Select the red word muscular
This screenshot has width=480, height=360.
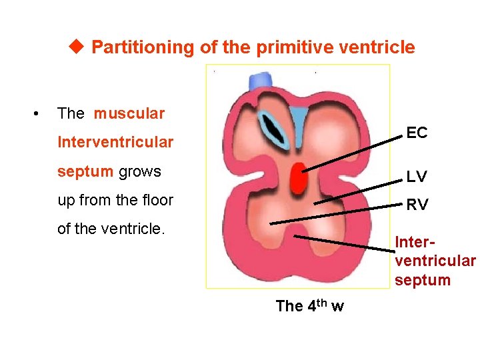[129, 113]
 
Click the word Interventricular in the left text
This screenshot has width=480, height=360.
[115, 142]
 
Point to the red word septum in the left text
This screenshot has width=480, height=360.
[85, 171]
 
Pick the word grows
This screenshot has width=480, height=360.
[140, 171]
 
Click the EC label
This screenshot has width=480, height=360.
[417, 133]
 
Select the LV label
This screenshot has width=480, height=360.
[417, 177]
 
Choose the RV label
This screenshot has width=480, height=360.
[417, 205]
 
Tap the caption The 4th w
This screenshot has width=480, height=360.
[309, 306]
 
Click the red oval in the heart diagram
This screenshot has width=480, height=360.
[298, 177]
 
